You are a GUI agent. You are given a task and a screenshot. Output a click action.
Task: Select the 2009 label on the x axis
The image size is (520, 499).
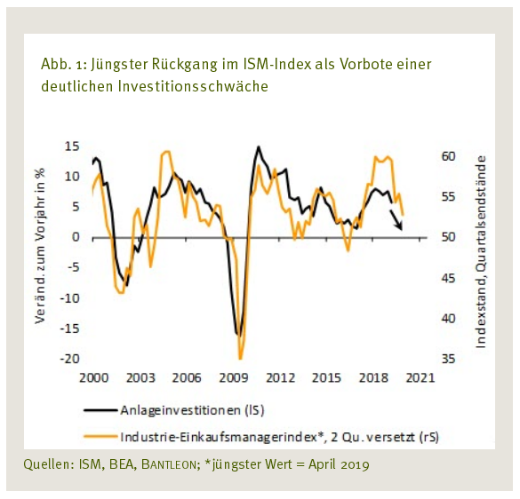pos(232,377)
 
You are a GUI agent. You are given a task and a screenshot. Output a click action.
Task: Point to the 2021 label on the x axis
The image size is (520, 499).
pos(419,377)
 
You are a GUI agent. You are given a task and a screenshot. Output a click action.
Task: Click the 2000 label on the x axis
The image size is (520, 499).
pos(93,377)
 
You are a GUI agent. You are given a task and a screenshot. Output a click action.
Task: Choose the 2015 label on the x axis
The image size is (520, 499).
pos(325,377)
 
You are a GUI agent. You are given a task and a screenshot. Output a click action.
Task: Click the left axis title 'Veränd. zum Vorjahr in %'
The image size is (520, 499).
pos(41,244)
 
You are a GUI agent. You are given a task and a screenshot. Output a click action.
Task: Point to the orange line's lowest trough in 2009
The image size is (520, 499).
pos(240,358)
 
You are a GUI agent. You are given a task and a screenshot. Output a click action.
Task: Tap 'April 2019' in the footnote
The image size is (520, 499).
pos(335,463)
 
